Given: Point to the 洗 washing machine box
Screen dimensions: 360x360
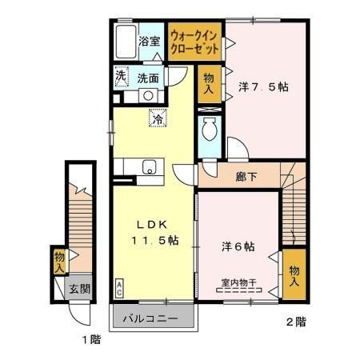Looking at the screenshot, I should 120,78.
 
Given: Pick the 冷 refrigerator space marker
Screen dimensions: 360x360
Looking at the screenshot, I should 157,118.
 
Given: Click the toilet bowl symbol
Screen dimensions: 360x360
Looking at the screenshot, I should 209,129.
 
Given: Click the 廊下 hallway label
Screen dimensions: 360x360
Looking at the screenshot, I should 246,176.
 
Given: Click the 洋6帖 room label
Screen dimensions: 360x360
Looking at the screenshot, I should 238,247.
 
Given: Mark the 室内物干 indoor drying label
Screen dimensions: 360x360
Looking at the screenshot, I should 238,282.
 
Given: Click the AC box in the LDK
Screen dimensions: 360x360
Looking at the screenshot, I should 120,287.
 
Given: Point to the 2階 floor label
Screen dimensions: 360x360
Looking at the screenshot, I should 295,323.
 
